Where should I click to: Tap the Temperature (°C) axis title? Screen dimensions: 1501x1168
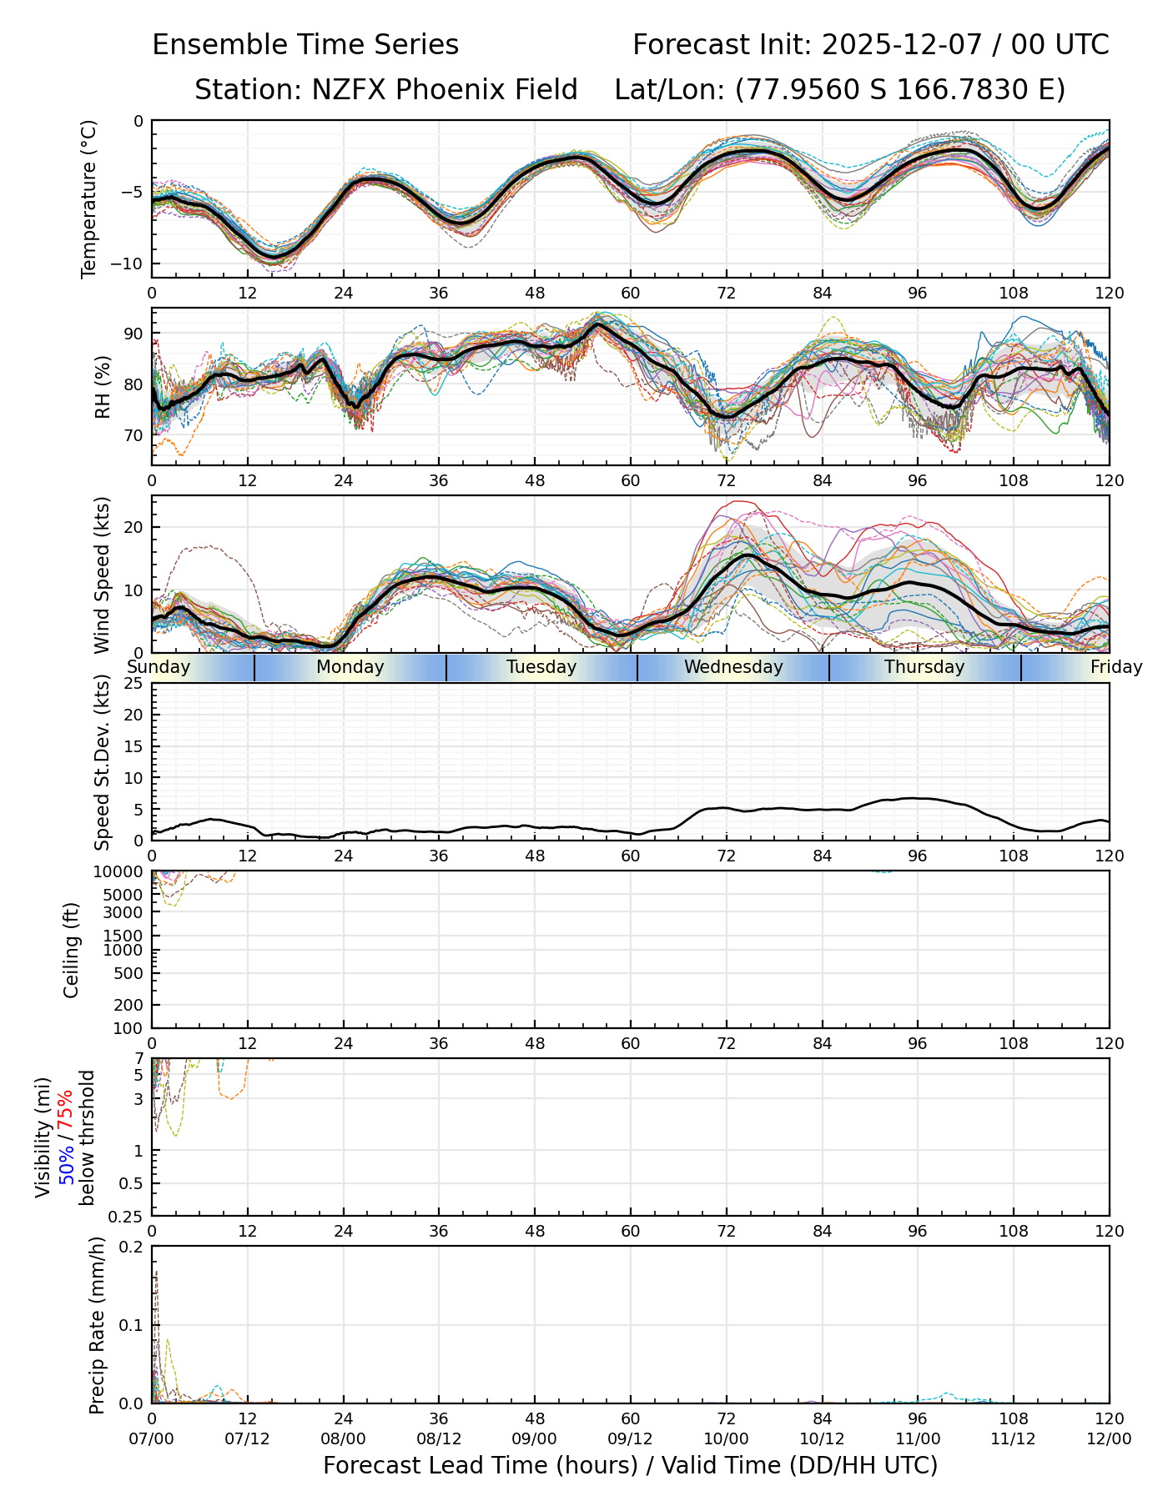[89, 198]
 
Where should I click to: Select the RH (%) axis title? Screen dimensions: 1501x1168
[103, 386]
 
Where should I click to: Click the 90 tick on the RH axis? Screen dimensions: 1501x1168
[133, 334]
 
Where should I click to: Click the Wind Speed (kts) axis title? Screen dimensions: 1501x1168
[103, 575]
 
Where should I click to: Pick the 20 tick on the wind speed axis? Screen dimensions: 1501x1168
[133, 527]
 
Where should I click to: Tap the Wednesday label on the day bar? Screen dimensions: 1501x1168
[733, 667]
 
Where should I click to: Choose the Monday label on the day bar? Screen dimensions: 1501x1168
[350, 667]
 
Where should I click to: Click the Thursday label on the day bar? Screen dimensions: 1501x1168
[924, 667]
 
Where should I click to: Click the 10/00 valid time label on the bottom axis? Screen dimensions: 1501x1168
[727, 1439]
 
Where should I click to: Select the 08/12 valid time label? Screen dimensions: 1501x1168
[440, 1439]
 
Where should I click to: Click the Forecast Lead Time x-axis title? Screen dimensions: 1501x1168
[631, 1465]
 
